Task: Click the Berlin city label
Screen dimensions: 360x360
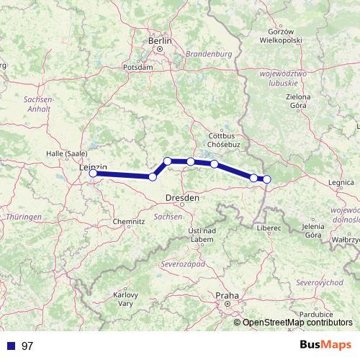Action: (160, 42)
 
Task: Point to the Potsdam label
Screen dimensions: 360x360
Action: (138, 66)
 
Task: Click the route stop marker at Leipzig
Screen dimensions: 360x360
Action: (93, 173)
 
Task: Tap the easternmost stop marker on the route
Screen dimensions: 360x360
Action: (266, 179)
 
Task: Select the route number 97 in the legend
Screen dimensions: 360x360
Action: (27, 346)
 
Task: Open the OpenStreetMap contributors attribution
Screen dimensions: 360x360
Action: (297, 323)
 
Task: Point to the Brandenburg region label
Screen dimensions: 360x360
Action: (207, 54)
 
